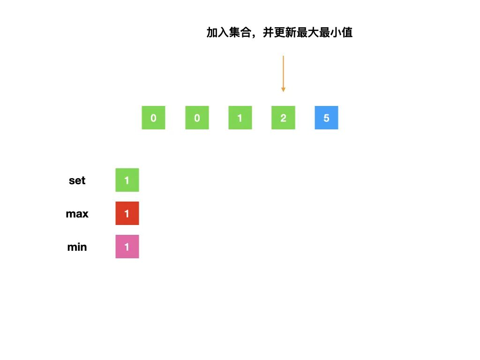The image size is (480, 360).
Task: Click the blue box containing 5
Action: tap(326, 118)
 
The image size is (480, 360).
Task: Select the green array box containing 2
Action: tap(283, 118)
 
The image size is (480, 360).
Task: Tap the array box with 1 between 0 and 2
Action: tap(240, 118)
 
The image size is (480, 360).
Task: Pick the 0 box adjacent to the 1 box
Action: tap(197, 118)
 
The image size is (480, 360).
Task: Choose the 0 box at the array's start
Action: tap(153, 118)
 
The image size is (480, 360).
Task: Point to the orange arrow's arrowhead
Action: tap(283, 89)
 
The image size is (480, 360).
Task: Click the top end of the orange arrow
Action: tap(283, 57)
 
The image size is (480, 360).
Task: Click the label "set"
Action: tap(77, 180)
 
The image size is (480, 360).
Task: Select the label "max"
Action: tap(77, 214)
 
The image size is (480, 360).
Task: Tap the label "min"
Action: tap(77, 247)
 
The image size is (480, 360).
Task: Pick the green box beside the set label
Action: tap(127, 180)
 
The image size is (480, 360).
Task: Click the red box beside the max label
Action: tap(127, 213)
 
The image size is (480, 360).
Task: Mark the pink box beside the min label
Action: tap(127, 247)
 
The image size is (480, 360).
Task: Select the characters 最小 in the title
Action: tap(330, 33)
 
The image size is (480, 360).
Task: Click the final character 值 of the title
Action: tap(347, 33)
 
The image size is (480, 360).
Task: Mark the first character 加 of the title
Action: tap(212, 33)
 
